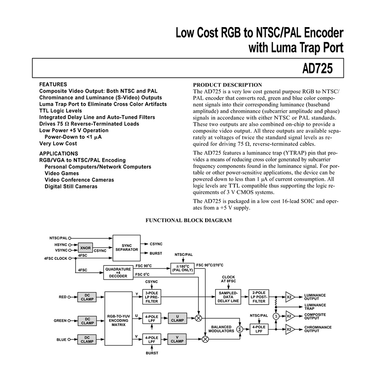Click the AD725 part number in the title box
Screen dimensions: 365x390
coord(317,68)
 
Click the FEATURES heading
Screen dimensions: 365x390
coord(53,84)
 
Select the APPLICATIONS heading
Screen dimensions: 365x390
coord(59,153)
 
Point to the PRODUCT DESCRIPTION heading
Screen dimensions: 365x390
coord(228,85)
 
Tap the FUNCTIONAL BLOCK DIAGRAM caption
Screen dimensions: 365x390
coord(189,220)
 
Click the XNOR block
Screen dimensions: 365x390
coord(85,248)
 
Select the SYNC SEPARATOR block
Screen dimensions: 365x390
coord(127,248)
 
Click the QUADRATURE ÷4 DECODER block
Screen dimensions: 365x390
coord(118,273)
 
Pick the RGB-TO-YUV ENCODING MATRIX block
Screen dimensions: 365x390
coord(119,319)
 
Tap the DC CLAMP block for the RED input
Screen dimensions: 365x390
coord(87,297)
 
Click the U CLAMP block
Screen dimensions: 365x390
coord(177,318)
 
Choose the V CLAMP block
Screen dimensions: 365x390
coord(177,339)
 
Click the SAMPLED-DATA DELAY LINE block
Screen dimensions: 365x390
coord(228,297)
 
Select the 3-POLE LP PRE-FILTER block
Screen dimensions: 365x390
coord(152,297)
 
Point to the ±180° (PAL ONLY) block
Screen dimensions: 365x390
coord(182,268)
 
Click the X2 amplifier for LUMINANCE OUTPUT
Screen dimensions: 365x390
coord(290,297)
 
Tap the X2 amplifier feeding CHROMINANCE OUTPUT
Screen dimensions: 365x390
coord(290,329)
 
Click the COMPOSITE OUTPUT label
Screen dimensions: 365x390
coord(315,317)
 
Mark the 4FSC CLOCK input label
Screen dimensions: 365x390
coord(56,259)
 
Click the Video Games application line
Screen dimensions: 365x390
coord(62,174)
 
